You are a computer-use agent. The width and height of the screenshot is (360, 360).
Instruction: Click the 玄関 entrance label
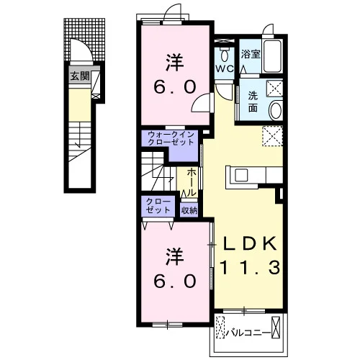pyautogui.click(x=80, y=76)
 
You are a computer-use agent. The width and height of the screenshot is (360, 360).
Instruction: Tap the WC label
pyautogui.click(x=225, y=69)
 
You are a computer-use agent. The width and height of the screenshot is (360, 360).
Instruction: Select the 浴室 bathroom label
pyautogui.click(x=251, y=54)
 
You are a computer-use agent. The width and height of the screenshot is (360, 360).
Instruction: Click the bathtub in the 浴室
pyautogui.click(x=272, y=56)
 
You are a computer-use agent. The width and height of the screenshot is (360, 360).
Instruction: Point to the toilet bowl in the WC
pyautogui.click(x=225, y=55)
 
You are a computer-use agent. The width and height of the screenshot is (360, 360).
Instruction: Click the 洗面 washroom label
pyautogui.click(x=253, y=102)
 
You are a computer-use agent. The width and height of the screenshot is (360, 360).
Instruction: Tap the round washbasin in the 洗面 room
pyautogui.click(x=276, y=111)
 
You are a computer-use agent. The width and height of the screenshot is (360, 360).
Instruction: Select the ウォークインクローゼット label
pyautogui.click(x=171, y=138)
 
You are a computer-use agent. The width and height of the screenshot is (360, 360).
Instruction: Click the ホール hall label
pyautogui.click(x=192, y=181)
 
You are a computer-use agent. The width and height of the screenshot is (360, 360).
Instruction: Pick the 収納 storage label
pyautogui.click(x=189, y=210)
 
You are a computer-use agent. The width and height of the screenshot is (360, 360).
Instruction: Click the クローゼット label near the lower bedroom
pyautogui.click(x=158, y=206)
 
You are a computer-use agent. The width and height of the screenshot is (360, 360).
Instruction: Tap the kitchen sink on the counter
pyautogui.click(x=241, y=175)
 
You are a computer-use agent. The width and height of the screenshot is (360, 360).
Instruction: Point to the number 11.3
pyautogui.click(x=250, y=268)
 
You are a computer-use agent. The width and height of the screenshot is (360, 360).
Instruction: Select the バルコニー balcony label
pyautogui.click(x=248, y=333)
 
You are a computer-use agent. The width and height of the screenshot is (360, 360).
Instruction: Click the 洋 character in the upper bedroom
pyautogui.click(x=175, y=63)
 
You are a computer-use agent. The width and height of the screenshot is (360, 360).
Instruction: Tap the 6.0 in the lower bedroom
pyautogui.click(x=175, y=281)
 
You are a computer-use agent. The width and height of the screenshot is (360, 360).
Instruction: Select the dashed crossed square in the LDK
pyautogui.click(x=272, y=135)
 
